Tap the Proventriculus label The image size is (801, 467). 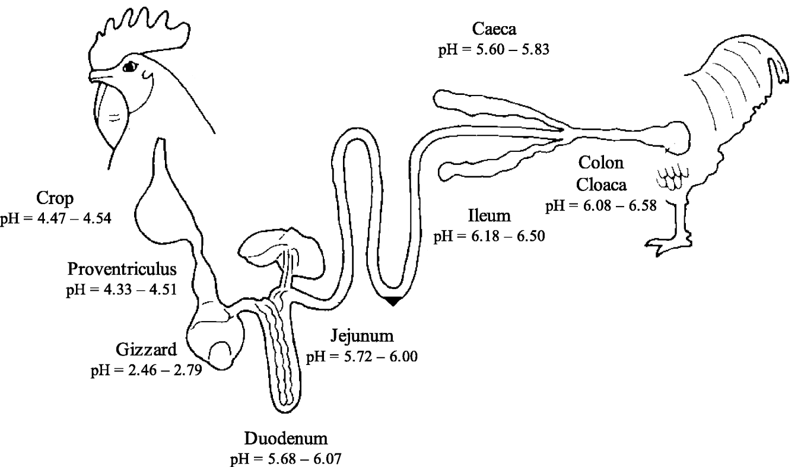(x=122, y=269)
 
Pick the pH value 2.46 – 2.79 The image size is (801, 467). (x=145, y=371)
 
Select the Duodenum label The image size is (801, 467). (x=286, y=440)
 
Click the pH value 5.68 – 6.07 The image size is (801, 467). (x=286, y=459)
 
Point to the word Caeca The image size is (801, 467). (x=494, y=28)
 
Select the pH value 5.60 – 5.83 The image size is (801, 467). (x=494, y=49)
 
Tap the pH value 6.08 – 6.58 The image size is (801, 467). (x=600, y=205)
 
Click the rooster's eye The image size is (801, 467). (x=128, y=68)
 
